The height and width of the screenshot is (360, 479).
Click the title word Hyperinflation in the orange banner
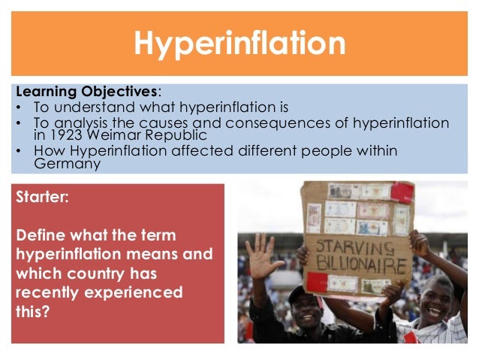239,42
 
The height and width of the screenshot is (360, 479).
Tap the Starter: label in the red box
44,200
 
